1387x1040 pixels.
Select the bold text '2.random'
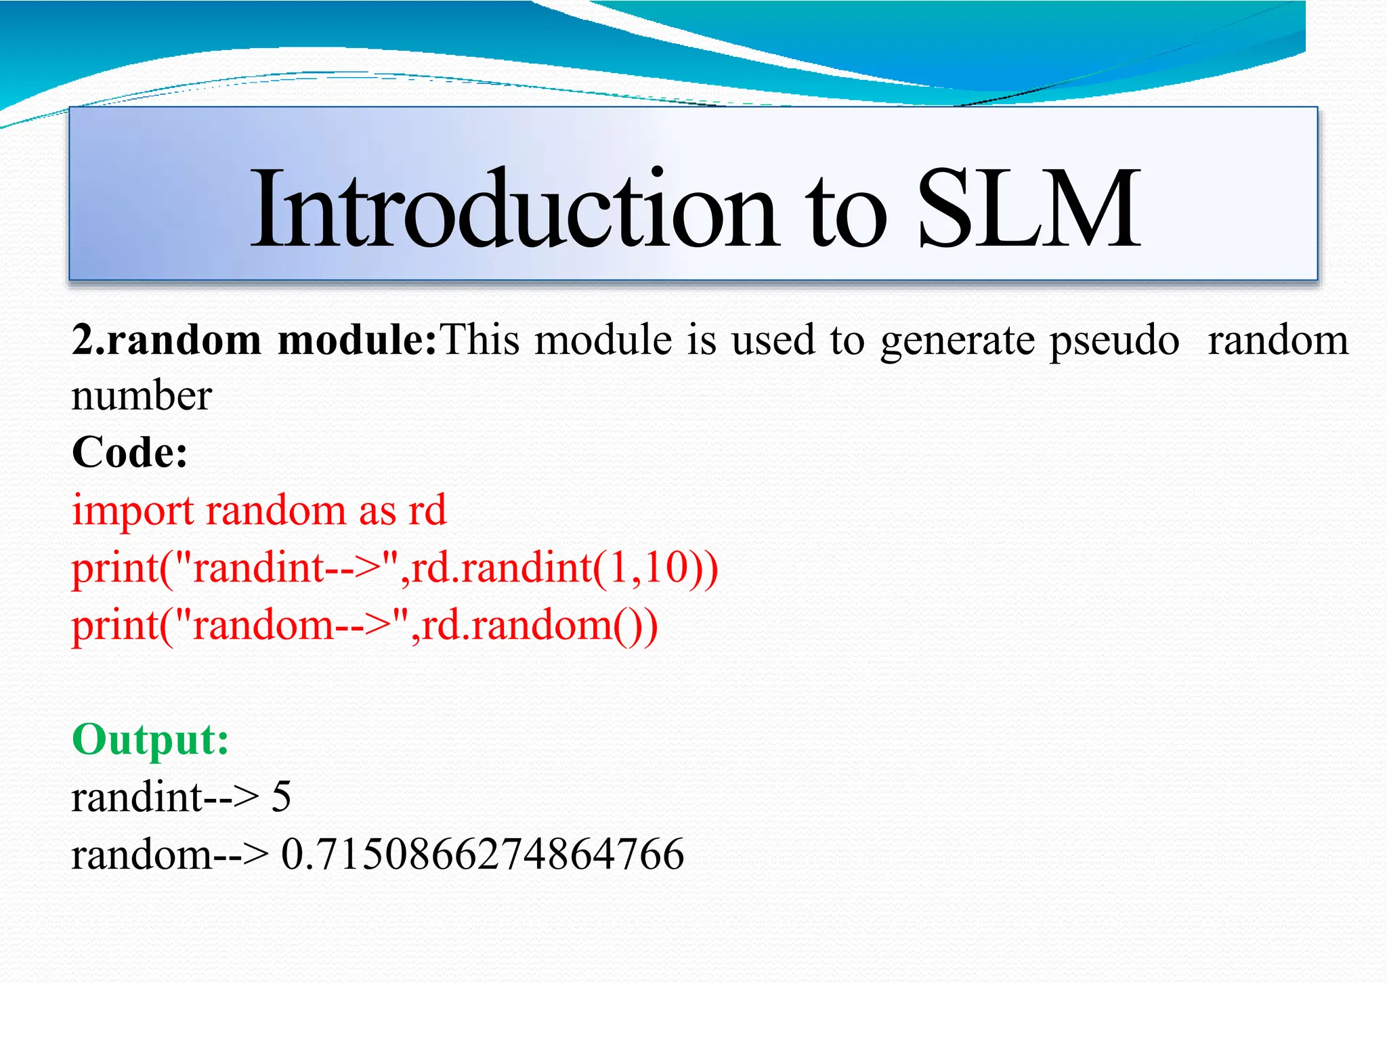click(167, 340)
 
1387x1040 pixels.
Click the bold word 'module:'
click(358, 340)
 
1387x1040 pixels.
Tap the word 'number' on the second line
click(142, 396)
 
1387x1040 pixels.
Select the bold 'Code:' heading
click(129, 452)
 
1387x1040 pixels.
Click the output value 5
click(281, 797)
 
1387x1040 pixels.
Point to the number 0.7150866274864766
click(482, 854)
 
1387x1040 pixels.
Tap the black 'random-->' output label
click(169, 854)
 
